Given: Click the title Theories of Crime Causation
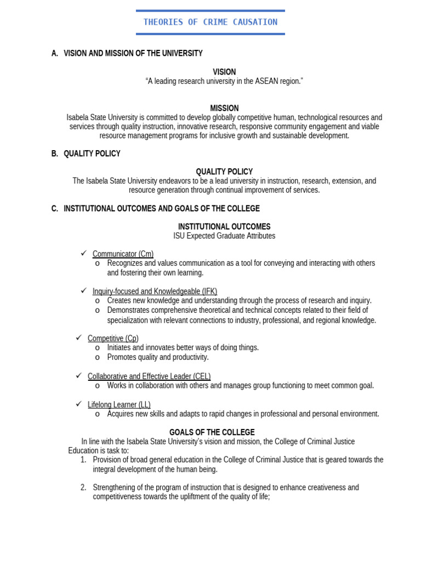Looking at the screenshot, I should pos(210,22).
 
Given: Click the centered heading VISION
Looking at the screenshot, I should pos(224,72).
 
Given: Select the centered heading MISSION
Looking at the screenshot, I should pos(224,108).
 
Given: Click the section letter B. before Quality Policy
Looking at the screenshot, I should pos(54,154).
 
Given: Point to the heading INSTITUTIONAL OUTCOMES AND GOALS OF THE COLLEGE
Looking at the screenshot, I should pos(162,209).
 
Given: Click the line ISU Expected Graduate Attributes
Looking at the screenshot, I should pos(224,236).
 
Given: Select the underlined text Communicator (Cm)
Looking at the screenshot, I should pos(123,254).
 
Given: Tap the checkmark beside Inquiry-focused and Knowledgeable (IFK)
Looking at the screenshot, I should pos(84,290).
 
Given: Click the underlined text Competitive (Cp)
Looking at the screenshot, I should pos(113,339).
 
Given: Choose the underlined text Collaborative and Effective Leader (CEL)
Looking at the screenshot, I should pos(149,376).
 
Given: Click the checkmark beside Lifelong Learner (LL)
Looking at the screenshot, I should pos(79,404).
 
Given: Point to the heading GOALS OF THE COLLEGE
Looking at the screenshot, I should pos(212,432).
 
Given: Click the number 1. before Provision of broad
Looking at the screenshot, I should pos(83,460).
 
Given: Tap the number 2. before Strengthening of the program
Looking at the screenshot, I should pos(83,488).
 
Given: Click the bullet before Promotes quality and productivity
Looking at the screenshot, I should pos(98,358).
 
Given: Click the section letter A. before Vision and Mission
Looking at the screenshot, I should pos(54,54).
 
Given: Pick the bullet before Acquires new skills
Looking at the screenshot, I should pos(98,414).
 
